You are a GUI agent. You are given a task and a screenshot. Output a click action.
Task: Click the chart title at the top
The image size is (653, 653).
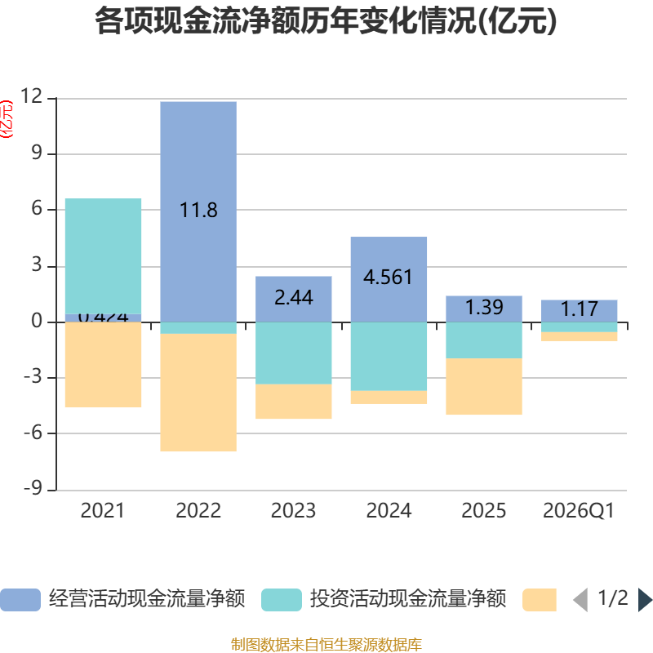click(x=326, y=21)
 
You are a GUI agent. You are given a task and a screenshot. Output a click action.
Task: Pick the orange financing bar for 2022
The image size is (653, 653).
click(x=198, y=393)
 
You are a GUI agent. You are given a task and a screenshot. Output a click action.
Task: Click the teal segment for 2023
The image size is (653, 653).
click(x=294, y=353)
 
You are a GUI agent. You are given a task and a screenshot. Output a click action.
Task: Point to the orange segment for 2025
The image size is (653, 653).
click(x=484, y=387)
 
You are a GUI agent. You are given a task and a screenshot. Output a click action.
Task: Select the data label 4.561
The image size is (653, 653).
click(x=389, y=277)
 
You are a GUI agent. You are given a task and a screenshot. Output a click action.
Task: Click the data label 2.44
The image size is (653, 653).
click(x=294, y=298)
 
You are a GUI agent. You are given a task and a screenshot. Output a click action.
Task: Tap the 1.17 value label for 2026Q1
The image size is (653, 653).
click(x=579, y=309)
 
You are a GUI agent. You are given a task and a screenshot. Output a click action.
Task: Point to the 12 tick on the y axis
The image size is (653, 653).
click(x=32, y=97)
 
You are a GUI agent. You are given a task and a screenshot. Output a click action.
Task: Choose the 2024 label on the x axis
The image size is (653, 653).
click(x=389, y=511)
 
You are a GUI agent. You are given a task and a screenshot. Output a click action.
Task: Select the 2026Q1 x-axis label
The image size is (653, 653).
click(x=579, y=511)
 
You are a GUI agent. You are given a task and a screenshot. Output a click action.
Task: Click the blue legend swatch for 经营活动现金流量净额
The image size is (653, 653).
click(x=20, y=599)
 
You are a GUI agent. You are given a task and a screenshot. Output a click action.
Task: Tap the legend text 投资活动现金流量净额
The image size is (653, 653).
click(x=408, y=599)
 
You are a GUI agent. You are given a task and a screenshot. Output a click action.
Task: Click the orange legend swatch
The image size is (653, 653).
click(x=539, y=599)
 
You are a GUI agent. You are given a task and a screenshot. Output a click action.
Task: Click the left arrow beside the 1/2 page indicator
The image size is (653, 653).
click(x=580, y=600)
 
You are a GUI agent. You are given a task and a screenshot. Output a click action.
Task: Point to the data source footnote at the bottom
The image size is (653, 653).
click(x=326, y=645)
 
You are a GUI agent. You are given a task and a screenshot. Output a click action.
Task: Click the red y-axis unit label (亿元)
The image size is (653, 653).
click(x=7, y=118)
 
